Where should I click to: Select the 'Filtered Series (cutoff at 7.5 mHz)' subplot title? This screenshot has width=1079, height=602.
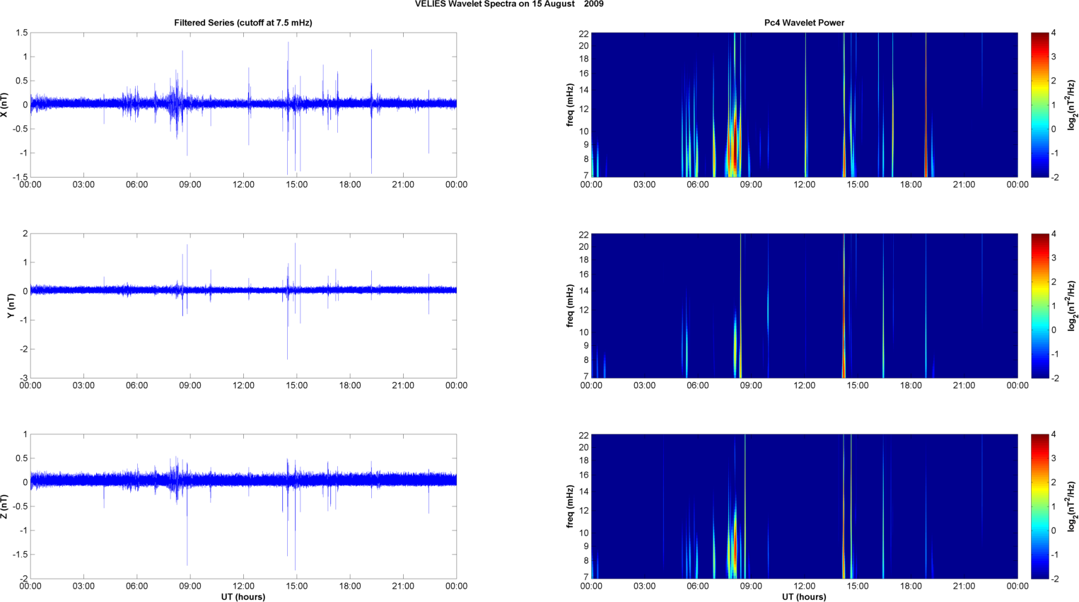click(x=243, y=23)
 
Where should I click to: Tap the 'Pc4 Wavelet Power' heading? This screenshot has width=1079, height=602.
click(x=804, y=23)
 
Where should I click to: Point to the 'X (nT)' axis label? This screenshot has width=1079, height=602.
click(x=6, y=105)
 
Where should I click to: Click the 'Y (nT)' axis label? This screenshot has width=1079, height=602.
click(x=11, y=306)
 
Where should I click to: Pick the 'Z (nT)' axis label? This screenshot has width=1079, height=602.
click(x=6, y=507)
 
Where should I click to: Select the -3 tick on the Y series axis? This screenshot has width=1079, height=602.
click(x=23, y=378)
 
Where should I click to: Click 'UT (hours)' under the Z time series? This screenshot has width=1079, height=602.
click(x=243, y=596)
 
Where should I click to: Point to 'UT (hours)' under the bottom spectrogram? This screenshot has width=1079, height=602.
click(x=804, y=596)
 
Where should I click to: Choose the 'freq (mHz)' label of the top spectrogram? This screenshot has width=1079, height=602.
click(x=570, y=105)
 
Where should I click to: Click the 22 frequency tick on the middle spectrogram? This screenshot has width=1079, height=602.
click(x=583, y=233)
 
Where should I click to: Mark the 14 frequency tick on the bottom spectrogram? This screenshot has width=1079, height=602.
click(x=583, y=491)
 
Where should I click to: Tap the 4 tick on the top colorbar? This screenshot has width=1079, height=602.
click(x=1054, y=33)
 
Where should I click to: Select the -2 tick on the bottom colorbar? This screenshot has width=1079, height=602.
click(x=1054, y=579)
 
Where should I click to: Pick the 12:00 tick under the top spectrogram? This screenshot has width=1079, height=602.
click(x=805, y=185)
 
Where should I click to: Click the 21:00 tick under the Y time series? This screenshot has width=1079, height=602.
click(x=403, y=386)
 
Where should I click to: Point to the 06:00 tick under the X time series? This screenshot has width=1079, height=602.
click(x=136, y=185)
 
